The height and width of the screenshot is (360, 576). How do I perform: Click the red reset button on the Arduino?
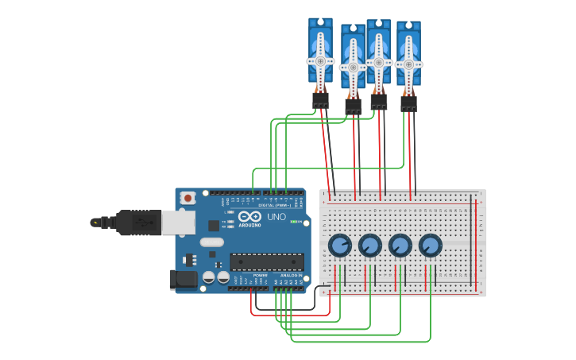[187, 198]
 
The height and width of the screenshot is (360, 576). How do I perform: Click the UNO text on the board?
[276, 217]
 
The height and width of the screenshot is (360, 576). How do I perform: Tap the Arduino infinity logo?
[249, 216]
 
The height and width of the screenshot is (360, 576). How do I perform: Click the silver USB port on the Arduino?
[178, 223]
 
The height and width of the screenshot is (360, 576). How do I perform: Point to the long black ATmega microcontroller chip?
[267, 261]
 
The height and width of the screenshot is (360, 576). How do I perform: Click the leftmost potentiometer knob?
[340, 246]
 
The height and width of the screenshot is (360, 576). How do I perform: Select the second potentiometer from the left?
[370, 246]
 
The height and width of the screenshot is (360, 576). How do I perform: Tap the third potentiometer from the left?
[400, 246]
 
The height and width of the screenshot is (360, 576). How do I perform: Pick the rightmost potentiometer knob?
[431, 246]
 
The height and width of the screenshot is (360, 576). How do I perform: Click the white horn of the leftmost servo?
[320, 61]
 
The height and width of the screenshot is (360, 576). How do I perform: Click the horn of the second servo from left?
[353, 68]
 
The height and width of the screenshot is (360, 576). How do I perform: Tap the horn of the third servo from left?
[378, 62]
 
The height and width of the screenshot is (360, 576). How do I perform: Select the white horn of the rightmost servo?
[408, 64]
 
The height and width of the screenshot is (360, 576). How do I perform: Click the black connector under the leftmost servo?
[320, 100]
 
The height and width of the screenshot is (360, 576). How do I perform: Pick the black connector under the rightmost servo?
[408, 103]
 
